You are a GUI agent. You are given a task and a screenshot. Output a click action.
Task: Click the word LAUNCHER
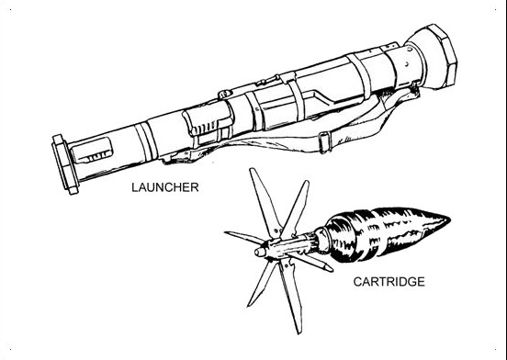tap(165, 187)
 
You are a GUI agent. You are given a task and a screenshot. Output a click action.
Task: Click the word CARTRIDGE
tap(389, 282)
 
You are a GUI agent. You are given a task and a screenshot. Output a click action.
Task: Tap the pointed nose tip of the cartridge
tap(450, 219)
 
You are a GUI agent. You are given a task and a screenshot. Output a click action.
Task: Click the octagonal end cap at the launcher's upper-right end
tap(434, 57)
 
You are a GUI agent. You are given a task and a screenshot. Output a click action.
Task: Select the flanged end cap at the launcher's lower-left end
tap(65, 164)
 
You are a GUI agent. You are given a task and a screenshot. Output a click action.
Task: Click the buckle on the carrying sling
tap(324, 141)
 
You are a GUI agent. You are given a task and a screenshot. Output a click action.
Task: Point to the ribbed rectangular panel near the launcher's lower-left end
tap(92, 150)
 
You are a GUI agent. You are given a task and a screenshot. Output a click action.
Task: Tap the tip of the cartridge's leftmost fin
tap(226, 232)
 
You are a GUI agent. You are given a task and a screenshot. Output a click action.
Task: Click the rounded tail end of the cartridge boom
tap(260, 252)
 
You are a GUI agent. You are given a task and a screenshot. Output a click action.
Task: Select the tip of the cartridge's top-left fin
tap(252, 170)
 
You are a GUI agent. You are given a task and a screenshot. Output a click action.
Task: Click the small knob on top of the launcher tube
tap(225, 94)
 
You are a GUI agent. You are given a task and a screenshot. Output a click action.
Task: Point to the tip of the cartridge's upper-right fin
tap(307, 182)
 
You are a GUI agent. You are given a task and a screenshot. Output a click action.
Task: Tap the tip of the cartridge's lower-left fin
tap(249, 305)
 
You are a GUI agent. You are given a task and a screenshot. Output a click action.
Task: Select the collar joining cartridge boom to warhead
tap(321, 239)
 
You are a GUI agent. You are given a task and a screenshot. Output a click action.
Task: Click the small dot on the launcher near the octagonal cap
tap(407, 65)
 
